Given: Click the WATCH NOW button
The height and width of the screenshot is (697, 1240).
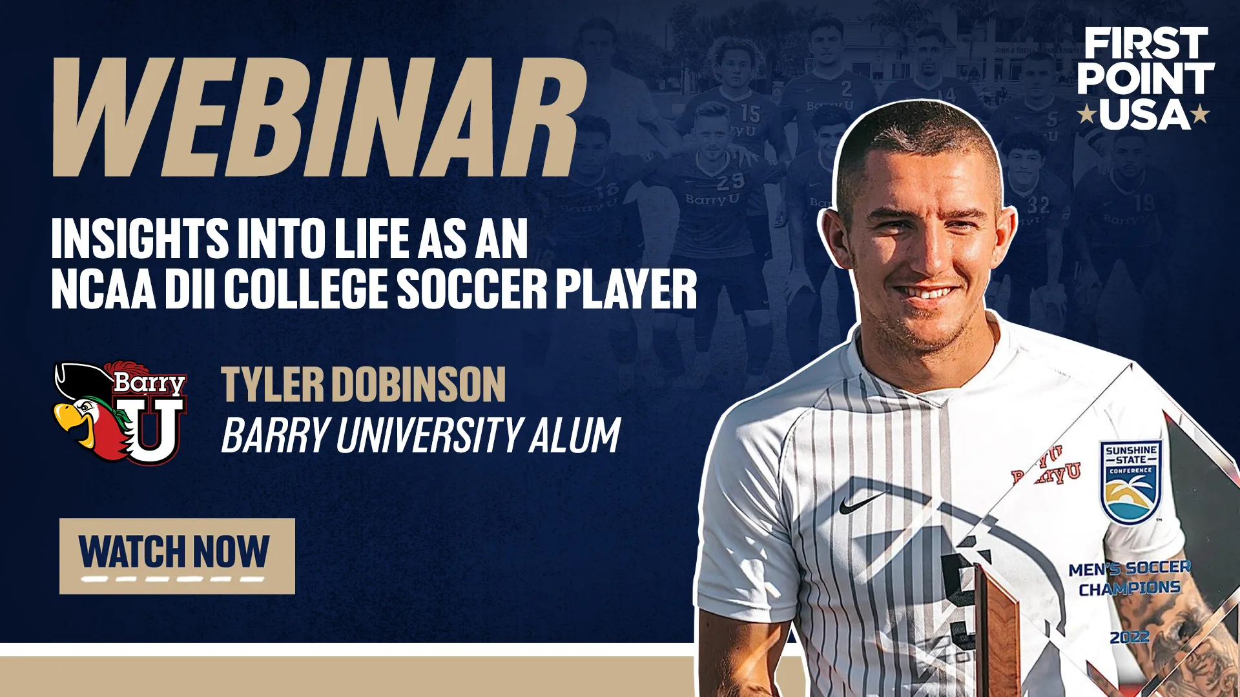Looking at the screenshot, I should click(x=177, y=556).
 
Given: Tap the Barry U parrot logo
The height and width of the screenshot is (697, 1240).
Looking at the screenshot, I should click(x=121, y=412).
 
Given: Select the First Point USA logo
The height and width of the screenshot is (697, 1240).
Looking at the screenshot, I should click(x=1144, y=79).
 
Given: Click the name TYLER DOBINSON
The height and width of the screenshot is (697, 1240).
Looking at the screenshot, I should click(x=363, y=385).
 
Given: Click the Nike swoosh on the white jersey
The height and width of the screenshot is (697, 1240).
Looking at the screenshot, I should click(x=862, y=502).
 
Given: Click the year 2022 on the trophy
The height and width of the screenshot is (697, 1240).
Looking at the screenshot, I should click(x=1130, y=637).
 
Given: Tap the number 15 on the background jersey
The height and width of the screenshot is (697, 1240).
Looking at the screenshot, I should click(x=750, y=114).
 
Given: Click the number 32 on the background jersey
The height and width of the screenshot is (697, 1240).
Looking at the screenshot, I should click(x=1038, y=205).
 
